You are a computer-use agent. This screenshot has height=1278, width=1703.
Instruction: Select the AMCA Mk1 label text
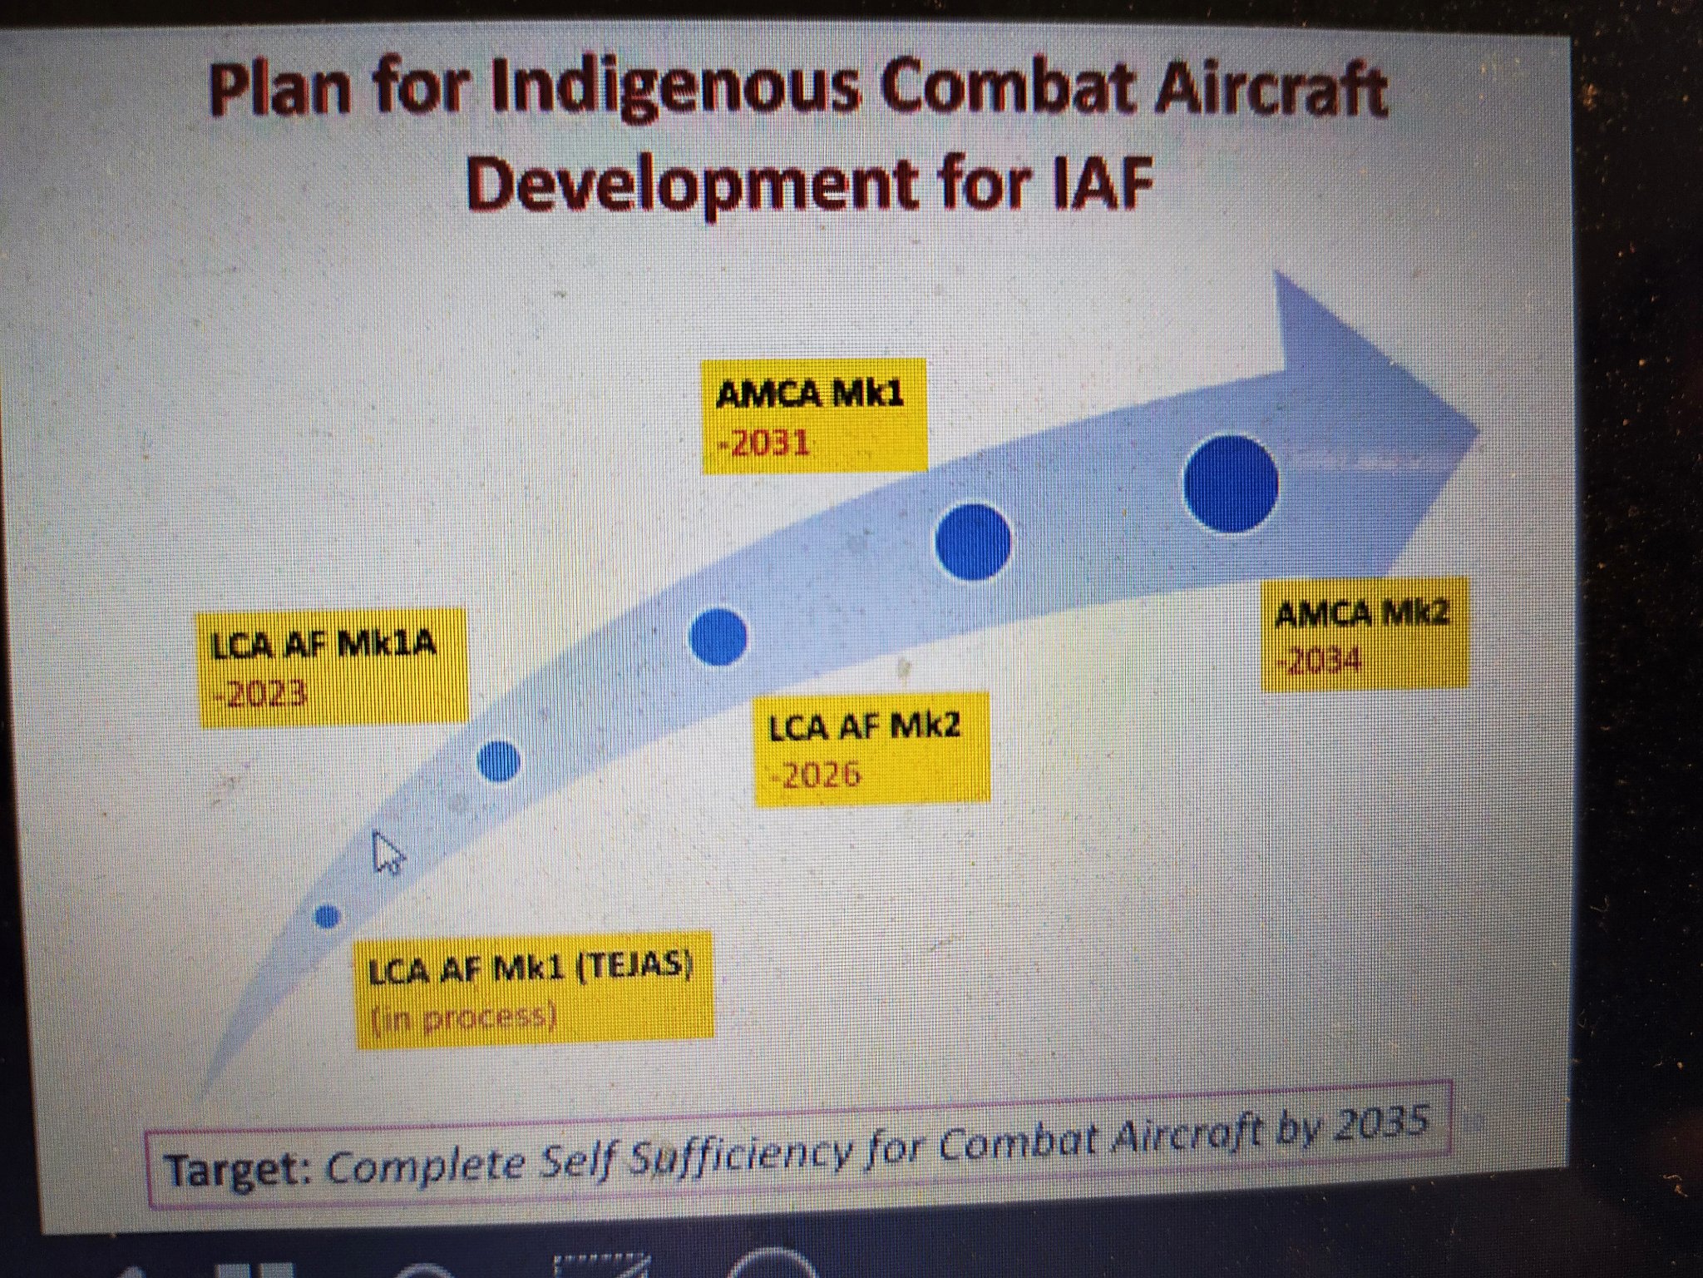[x=809, y=394]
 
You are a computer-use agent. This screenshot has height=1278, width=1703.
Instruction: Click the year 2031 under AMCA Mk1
[x=764, y=443]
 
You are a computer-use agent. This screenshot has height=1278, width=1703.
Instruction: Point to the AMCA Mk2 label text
[x=1361, y=614]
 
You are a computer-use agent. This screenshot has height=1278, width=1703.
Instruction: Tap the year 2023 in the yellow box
[x=261, y=693]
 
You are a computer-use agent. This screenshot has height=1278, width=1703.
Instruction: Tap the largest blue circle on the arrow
[x=1231, y=484]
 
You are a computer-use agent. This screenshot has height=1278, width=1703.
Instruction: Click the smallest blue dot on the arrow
[x=328, y=916]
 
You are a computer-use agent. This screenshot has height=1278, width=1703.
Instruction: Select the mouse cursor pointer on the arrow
[x=387, y=853]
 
